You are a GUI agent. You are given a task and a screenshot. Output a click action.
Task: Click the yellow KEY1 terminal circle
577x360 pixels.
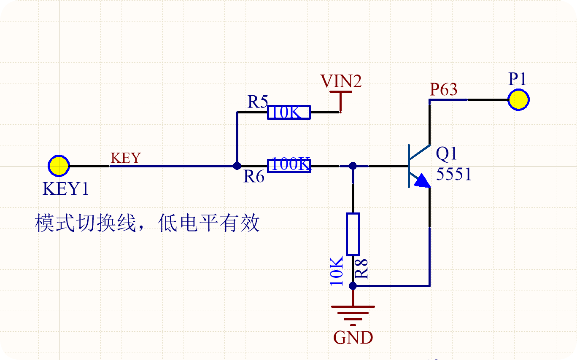59,166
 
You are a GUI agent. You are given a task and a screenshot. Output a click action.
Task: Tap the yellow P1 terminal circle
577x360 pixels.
518,99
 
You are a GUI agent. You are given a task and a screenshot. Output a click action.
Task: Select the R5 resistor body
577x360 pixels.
289,112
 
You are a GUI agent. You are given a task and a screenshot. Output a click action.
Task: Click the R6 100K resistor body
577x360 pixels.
289,166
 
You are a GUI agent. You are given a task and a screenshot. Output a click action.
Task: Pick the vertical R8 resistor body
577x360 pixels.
353,234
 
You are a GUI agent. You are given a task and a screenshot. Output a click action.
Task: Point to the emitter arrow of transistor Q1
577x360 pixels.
423,181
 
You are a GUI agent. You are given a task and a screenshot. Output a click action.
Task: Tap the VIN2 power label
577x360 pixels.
341,81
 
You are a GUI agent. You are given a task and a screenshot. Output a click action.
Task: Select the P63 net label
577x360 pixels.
444,89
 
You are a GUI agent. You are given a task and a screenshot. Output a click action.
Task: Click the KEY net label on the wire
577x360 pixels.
126,158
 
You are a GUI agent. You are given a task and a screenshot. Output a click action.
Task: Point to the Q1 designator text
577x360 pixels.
446,154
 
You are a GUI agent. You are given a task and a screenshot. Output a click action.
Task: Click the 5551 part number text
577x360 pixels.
453,174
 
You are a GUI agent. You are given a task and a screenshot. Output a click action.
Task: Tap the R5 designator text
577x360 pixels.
258,102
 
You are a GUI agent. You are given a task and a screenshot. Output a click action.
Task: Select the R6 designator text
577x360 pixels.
254,176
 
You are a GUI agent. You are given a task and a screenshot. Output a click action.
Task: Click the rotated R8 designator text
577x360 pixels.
361,269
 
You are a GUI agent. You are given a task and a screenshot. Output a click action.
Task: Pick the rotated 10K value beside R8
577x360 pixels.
337,271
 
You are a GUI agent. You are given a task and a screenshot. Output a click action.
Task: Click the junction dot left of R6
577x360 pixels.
237,166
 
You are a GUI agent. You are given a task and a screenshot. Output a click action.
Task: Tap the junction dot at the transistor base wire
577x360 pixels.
353,166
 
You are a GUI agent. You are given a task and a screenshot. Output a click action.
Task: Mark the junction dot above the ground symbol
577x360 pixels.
353,285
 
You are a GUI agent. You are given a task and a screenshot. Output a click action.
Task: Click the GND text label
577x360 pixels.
353,338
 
